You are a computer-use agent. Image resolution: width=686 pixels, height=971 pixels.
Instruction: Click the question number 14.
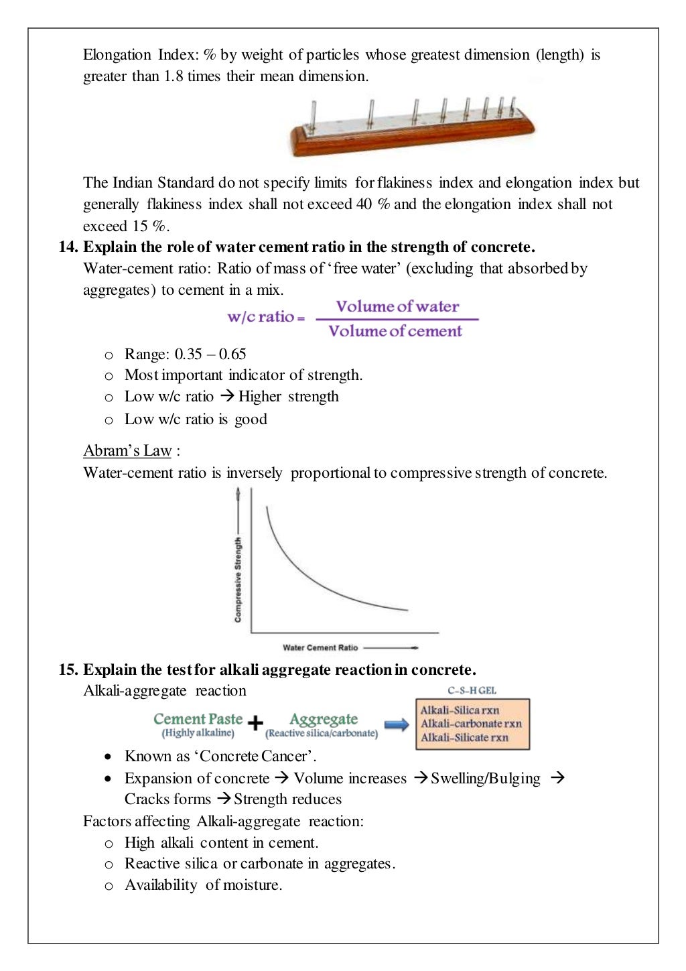[68, 247]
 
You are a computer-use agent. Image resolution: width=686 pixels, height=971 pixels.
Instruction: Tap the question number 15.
[68, 669]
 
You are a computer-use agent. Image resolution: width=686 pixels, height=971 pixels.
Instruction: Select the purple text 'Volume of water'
[397, 307]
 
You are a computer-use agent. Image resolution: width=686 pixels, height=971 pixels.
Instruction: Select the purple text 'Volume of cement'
[395, 331]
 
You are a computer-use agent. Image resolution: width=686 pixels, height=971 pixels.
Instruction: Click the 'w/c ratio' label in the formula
[261, 317]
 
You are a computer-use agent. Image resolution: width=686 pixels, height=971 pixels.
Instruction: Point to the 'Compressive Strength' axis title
[238, 580]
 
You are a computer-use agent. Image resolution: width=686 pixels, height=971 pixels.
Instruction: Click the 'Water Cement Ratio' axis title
[320, 647]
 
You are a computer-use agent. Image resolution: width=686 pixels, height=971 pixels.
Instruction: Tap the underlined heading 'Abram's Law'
[127, 450]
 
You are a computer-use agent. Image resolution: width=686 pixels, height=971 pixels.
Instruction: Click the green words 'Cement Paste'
[198, 719]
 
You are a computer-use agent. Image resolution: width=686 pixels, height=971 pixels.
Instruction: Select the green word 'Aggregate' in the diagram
[324, 719]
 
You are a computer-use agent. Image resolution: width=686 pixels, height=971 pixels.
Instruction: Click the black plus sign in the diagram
[255, 723]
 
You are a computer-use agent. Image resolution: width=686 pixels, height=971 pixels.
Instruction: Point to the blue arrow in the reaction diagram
[397, 724]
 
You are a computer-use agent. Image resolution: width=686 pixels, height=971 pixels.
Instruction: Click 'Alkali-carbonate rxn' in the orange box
[471, 724]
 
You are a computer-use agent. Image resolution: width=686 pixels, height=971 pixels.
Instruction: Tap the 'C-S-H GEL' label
[472, 690]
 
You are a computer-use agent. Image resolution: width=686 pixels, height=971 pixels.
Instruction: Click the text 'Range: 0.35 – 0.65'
[185, 354]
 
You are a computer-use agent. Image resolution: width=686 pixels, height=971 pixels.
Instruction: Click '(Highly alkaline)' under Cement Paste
[198, 733]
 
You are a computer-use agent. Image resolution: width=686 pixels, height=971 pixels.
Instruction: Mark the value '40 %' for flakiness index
[373, 204]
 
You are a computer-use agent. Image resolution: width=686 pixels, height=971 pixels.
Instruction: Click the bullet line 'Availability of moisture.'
[203, 885]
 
